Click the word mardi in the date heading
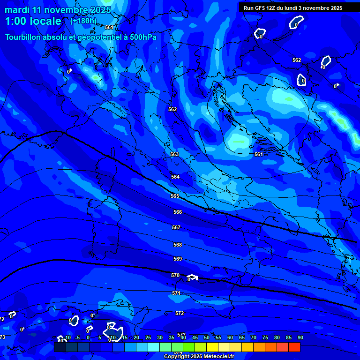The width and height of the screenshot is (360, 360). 17,10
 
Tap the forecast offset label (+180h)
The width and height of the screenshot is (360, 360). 83,21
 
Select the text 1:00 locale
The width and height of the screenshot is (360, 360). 33,21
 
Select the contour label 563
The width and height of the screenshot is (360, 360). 174,154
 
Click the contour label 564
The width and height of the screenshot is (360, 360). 175,177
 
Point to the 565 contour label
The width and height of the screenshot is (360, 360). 175,196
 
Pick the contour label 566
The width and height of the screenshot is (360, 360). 177,212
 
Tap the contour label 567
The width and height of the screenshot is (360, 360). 176,227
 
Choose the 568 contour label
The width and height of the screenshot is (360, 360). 178,245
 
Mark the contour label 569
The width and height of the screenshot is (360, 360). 178,259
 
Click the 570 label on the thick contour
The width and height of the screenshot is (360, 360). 175,275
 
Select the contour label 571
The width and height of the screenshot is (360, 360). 176,293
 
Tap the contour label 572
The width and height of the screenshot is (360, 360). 180,313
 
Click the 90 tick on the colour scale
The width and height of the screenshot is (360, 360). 300,337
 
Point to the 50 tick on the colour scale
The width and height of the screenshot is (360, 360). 206,337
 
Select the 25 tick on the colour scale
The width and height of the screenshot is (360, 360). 148,337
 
